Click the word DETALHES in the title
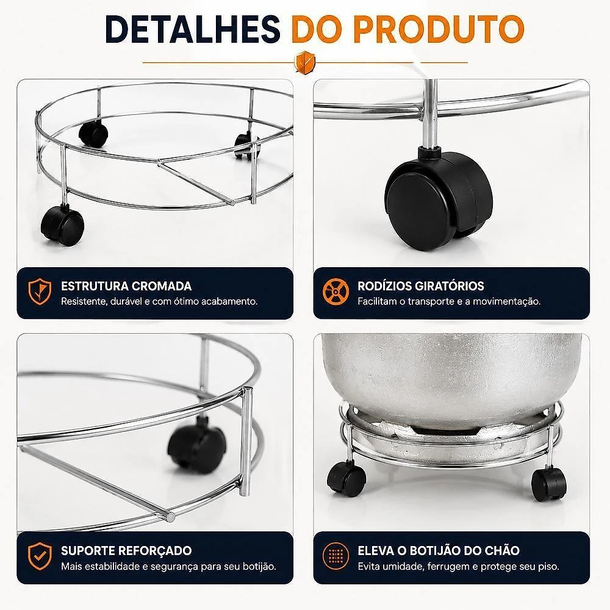click(x=192, y=29)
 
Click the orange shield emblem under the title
click(x=305, y=62)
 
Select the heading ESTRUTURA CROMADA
click(x=126, y=286)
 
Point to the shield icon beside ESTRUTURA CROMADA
click(x=40, y=292)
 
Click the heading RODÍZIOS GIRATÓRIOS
click(x=421, y=286)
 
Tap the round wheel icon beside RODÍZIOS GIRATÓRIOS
click(x=335, y=292)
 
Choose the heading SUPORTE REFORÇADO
click(x=126, y=550)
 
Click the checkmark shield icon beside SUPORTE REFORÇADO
click(x=40, y=556)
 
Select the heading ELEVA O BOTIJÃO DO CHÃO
click(x=439, y=550)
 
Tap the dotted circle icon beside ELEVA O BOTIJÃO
click(x=335, y=556)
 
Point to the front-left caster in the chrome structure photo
click(x=62, y=226)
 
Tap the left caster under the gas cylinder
click(x=346, y=478)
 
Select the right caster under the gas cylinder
click(x=549, y=484)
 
